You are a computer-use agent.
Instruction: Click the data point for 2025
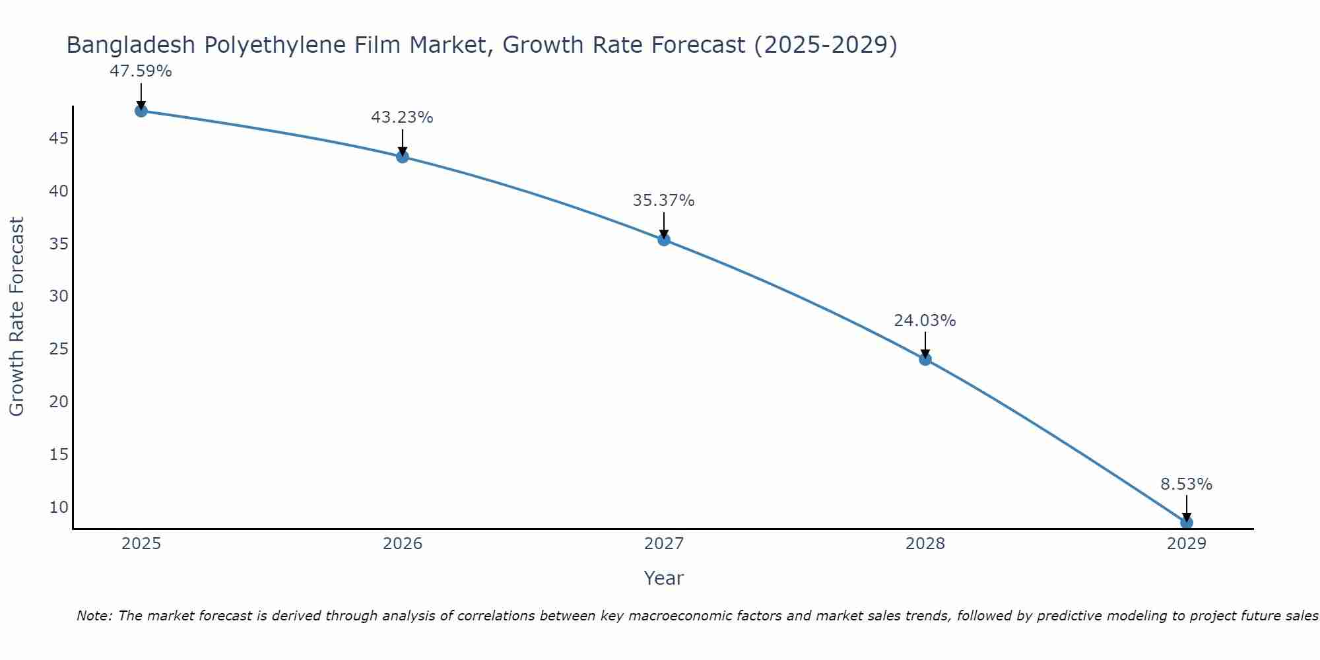click(141, 111)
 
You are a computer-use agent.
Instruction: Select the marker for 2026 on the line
click(402, 156)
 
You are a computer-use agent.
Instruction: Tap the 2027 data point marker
click(664, 240)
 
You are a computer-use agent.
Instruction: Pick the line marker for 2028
click(925, 359)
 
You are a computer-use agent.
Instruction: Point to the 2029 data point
click(1186, 523)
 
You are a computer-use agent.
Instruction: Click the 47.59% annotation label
click(141, 71)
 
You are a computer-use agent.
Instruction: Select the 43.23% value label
click(402, 117)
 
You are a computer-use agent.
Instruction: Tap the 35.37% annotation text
click(663, 201)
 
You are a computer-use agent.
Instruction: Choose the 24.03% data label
click(925, 321)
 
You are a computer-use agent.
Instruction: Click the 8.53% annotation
click(1186, 484)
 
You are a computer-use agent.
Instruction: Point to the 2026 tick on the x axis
click(403, 544)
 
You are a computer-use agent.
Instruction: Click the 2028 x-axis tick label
click(925, 544)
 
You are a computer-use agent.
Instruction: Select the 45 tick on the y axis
click(59, 139)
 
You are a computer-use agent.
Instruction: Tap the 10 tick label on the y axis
click(59, 507)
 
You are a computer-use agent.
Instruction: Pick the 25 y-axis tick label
click(59, 349)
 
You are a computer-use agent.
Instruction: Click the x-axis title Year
click(663, 578)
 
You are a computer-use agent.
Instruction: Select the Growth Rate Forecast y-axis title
click(16, 316)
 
